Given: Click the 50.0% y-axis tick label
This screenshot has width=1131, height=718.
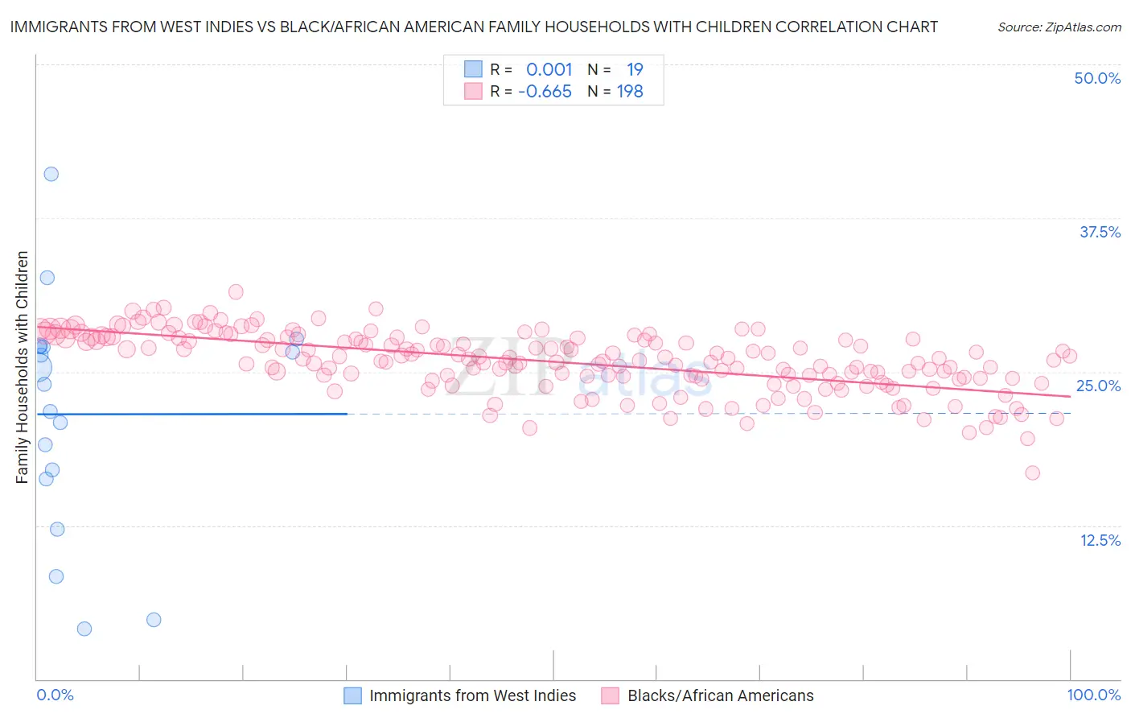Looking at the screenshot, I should point(1097,78).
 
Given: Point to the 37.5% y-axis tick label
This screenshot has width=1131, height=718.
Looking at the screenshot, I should point(1100,232).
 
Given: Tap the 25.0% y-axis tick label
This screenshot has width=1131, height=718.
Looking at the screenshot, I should point(1098,386).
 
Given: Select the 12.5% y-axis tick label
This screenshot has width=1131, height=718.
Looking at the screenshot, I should point(1100,540).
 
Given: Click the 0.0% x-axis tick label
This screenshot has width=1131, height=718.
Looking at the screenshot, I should point(55,695).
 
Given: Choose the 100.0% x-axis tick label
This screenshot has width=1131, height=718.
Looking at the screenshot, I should point(1093,695).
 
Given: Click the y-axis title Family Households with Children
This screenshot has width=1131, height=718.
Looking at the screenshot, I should point(22,367).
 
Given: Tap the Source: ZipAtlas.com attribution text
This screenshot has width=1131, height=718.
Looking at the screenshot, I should point(1059,27).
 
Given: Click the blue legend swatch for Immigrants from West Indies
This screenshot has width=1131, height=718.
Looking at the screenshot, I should point(353,695).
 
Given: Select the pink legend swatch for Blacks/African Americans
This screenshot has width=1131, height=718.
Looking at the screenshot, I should point(611,695).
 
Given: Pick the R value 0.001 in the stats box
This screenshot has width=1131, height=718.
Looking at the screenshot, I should point(549,69).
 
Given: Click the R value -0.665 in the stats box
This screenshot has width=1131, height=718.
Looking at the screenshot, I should point(545,92).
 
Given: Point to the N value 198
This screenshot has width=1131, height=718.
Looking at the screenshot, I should point(630,92).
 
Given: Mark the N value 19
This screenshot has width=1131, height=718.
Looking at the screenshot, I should point(635,69).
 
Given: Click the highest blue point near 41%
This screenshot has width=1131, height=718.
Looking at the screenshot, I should point(51,174).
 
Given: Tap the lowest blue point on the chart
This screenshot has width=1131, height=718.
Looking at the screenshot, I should point(84,629).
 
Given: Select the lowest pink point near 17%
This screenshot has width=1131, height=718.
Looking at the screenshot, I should point(1033,472).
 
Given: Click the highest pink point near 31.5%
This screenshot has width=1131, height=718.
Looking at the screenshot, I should point(236,291).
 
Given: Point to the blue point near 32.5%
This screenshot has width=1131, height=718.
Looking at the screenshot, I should point(47,278).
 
